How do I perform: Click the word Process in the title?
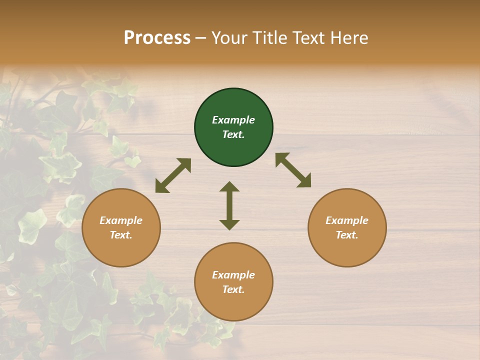tap(157, 38)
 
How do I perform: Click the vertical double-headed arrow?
tap(229, 205)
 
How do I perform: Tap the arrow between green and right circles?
tap(293, 170)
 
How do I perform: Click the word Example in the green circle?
tap(233, 120)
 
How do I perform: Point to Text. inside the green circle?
tap(233, 134)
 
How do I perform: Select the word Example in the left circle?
tap(121, 220)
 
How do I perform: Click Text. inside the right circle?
tap(347, 235)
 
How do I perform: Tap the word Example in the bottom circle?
tap(233, 275)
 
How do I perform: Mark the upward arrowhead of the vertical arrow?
tap(229, 187)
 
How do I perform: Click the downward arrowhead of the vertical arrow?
tap(229, 224)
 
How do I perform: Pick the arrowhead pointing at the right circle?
tap(304, 181)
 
